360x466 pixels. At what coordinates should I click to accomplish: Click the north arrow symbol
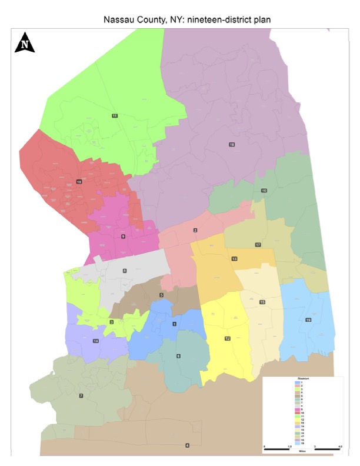25,43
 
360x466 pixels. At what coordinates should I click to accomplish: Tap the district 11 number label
115,116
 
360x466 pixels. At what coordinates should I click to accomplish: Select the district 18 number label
232,144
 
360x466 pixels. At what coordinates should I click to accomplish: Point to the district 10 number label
79,182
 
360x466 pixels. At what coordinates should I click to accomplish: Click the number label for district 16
264,191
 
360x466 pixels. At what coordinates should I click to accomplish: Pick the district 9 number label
124,236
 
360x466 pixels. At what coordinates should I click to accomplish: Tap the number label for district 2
195,230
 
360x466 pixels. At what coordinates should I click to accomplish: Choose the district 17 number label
258,244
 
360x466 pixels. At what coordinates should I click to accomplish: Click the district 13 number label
234,259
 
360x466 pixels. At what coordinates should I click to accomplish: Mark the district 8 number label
124,271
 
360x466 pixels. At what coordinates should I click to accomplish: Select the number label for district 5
162,295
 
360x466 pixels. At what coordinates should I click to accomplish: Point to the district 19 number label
308,319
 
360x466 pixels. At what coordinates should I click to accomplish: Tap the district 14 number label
95,341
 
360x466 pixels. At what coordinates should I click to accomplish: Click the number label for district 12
227,338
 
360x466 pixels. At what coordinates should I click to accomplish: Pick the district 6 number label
178,356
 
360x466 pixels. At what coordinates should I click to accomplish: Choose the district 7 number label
81,396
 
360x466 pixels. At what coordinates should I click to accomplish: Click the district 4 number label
187,445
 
